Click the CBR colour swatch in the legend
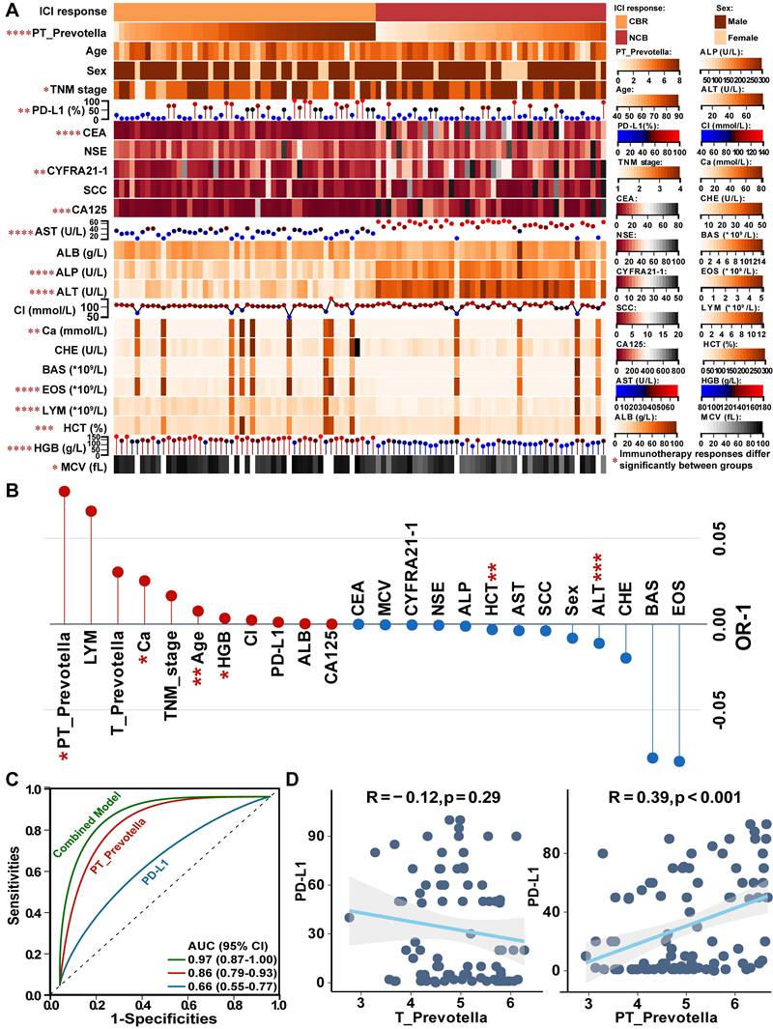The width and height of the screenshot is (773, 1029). coord(623,21)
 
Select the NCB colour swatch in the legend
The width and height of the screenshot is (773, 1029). coord(623,37)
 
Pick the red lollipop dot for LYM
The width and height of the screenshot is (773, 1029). coord(91,510)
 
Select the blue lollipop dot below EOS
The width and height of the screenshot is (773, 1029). coord(678,761)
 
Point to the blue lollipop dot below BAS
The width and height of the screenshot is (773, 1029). coord(652,758)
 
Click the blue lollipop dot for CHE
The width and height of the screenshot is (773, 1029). coord(626,658)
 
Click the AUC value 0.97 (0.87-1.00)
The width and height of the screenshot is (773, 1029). coord(234,943)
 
